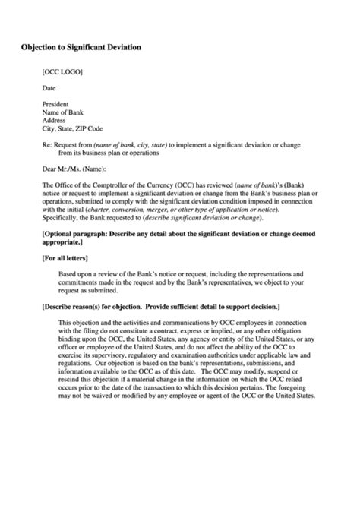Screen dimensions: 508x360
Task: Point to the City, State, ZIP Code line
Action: pyautogui.click(x=72, y=128)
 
